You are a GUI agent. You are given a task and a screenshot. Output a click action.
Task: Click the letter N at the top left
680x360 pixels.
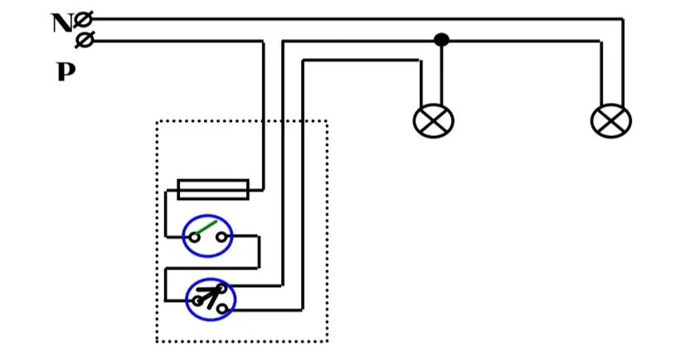coord(62,23)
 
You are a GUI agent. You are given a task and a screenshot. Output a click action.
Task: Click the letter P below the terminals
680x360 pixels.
coord(66,71)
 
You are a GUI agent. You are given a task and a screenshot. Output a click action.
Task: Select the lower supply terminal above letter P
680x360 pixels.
coord(84,41)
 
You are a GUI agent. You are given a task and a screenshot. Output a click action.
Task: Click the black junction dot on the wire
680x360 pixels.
coord(441,40)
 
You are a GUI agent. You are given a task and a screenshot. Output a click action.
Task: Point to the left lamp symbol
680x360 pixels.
coord(433,121)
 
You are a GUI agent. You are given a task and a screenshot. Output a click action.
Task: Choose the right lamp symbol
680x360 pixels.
coord(611,121)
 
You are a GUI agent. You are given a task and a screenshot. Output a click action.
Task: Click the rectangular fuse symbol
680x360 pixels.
coord(213,190)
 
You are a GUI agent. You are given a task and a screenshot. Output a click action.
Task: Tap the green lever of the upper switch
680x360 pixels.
coord(206,228)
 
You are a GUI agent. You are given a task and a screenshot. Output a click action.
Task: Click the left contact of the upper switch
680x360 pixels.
coord(194,237)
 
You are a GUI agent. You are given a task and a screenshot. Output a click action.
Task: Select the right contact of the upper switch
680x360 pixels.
coord(221,237)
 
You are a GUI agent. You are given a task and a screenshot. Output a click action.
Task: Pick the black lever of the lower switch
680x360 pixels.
coord(210,296)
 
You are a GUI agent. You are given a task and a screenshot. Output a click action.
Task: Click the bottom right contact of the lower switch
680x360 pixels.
coord(222,309)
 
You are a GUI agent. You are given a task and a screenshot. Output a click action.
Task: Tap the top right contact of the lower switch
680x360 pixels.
coord(222,288)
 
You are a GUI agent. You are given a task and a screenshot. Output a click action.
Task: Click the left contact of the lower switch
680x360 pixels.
coord(197,300)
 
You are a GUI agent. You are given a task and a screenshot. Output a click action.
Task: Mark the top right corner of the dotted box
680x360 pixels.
coord(327,120)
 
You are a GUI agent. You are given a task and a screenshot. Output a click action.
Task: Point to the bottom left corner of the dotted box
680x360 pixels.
coord(157,342)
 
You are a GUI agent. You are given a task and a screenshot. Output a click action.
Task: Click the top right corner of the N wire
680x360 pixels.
coord(623,19)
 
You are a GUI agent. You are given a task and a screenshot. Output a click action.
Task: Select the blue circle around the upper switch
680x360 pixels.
coord(182,236)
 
